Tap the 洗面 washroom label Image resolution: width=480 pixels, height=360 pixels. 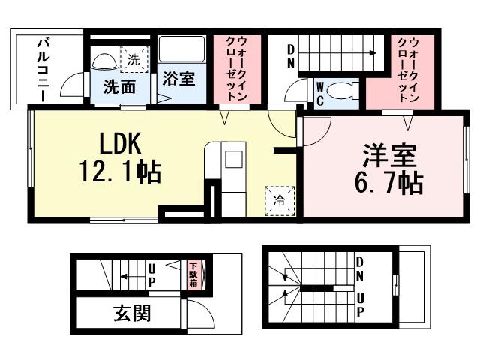point(120,86)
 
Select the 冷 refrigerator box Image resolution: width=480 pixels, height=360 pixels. point(278,200)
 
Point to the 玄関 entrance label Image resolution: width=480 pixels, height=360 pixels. point(131,313)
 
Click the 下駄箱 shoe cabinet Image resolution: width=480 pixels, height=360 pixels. point(193,274)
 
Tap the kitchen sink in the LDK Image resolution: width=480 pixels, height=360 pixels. point(232,159)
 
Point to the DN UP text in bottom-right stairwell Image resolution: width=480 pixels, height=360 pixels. point(360,286)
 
